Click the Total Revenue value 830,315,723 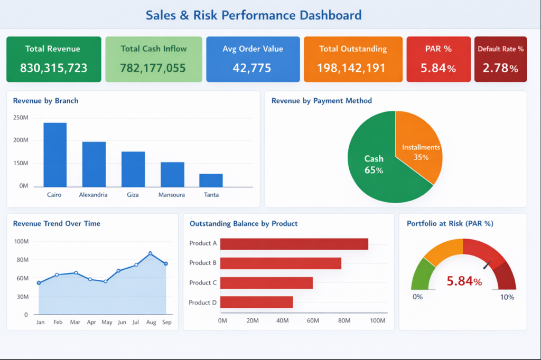(54, 68)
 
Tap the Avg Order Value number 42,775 (252, 68)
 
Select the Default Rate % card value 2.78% (500, 68)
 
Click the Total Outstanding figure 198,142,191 (351, 68)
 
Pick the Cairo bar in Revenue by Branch (55, 155)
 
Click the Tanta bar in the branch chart (211, 181)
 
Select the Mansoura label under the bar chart (172, 195)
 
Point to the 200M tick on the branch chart (21, 140)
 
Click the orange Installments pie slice (419, 145)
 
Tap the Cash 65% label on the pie (374, 164)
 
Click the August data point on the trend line (150, 253)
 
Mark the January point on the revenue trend (39, 283)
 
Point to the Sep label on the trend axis (166, 322)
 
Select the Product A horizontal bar (294, 244)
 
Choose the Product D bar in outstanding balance (257, 302)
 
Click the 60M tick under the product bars (313, 321)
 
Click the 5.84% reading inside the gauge (464, 281)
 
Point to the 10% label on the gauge (507, 297)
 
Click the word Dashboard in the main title (331, 15)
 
